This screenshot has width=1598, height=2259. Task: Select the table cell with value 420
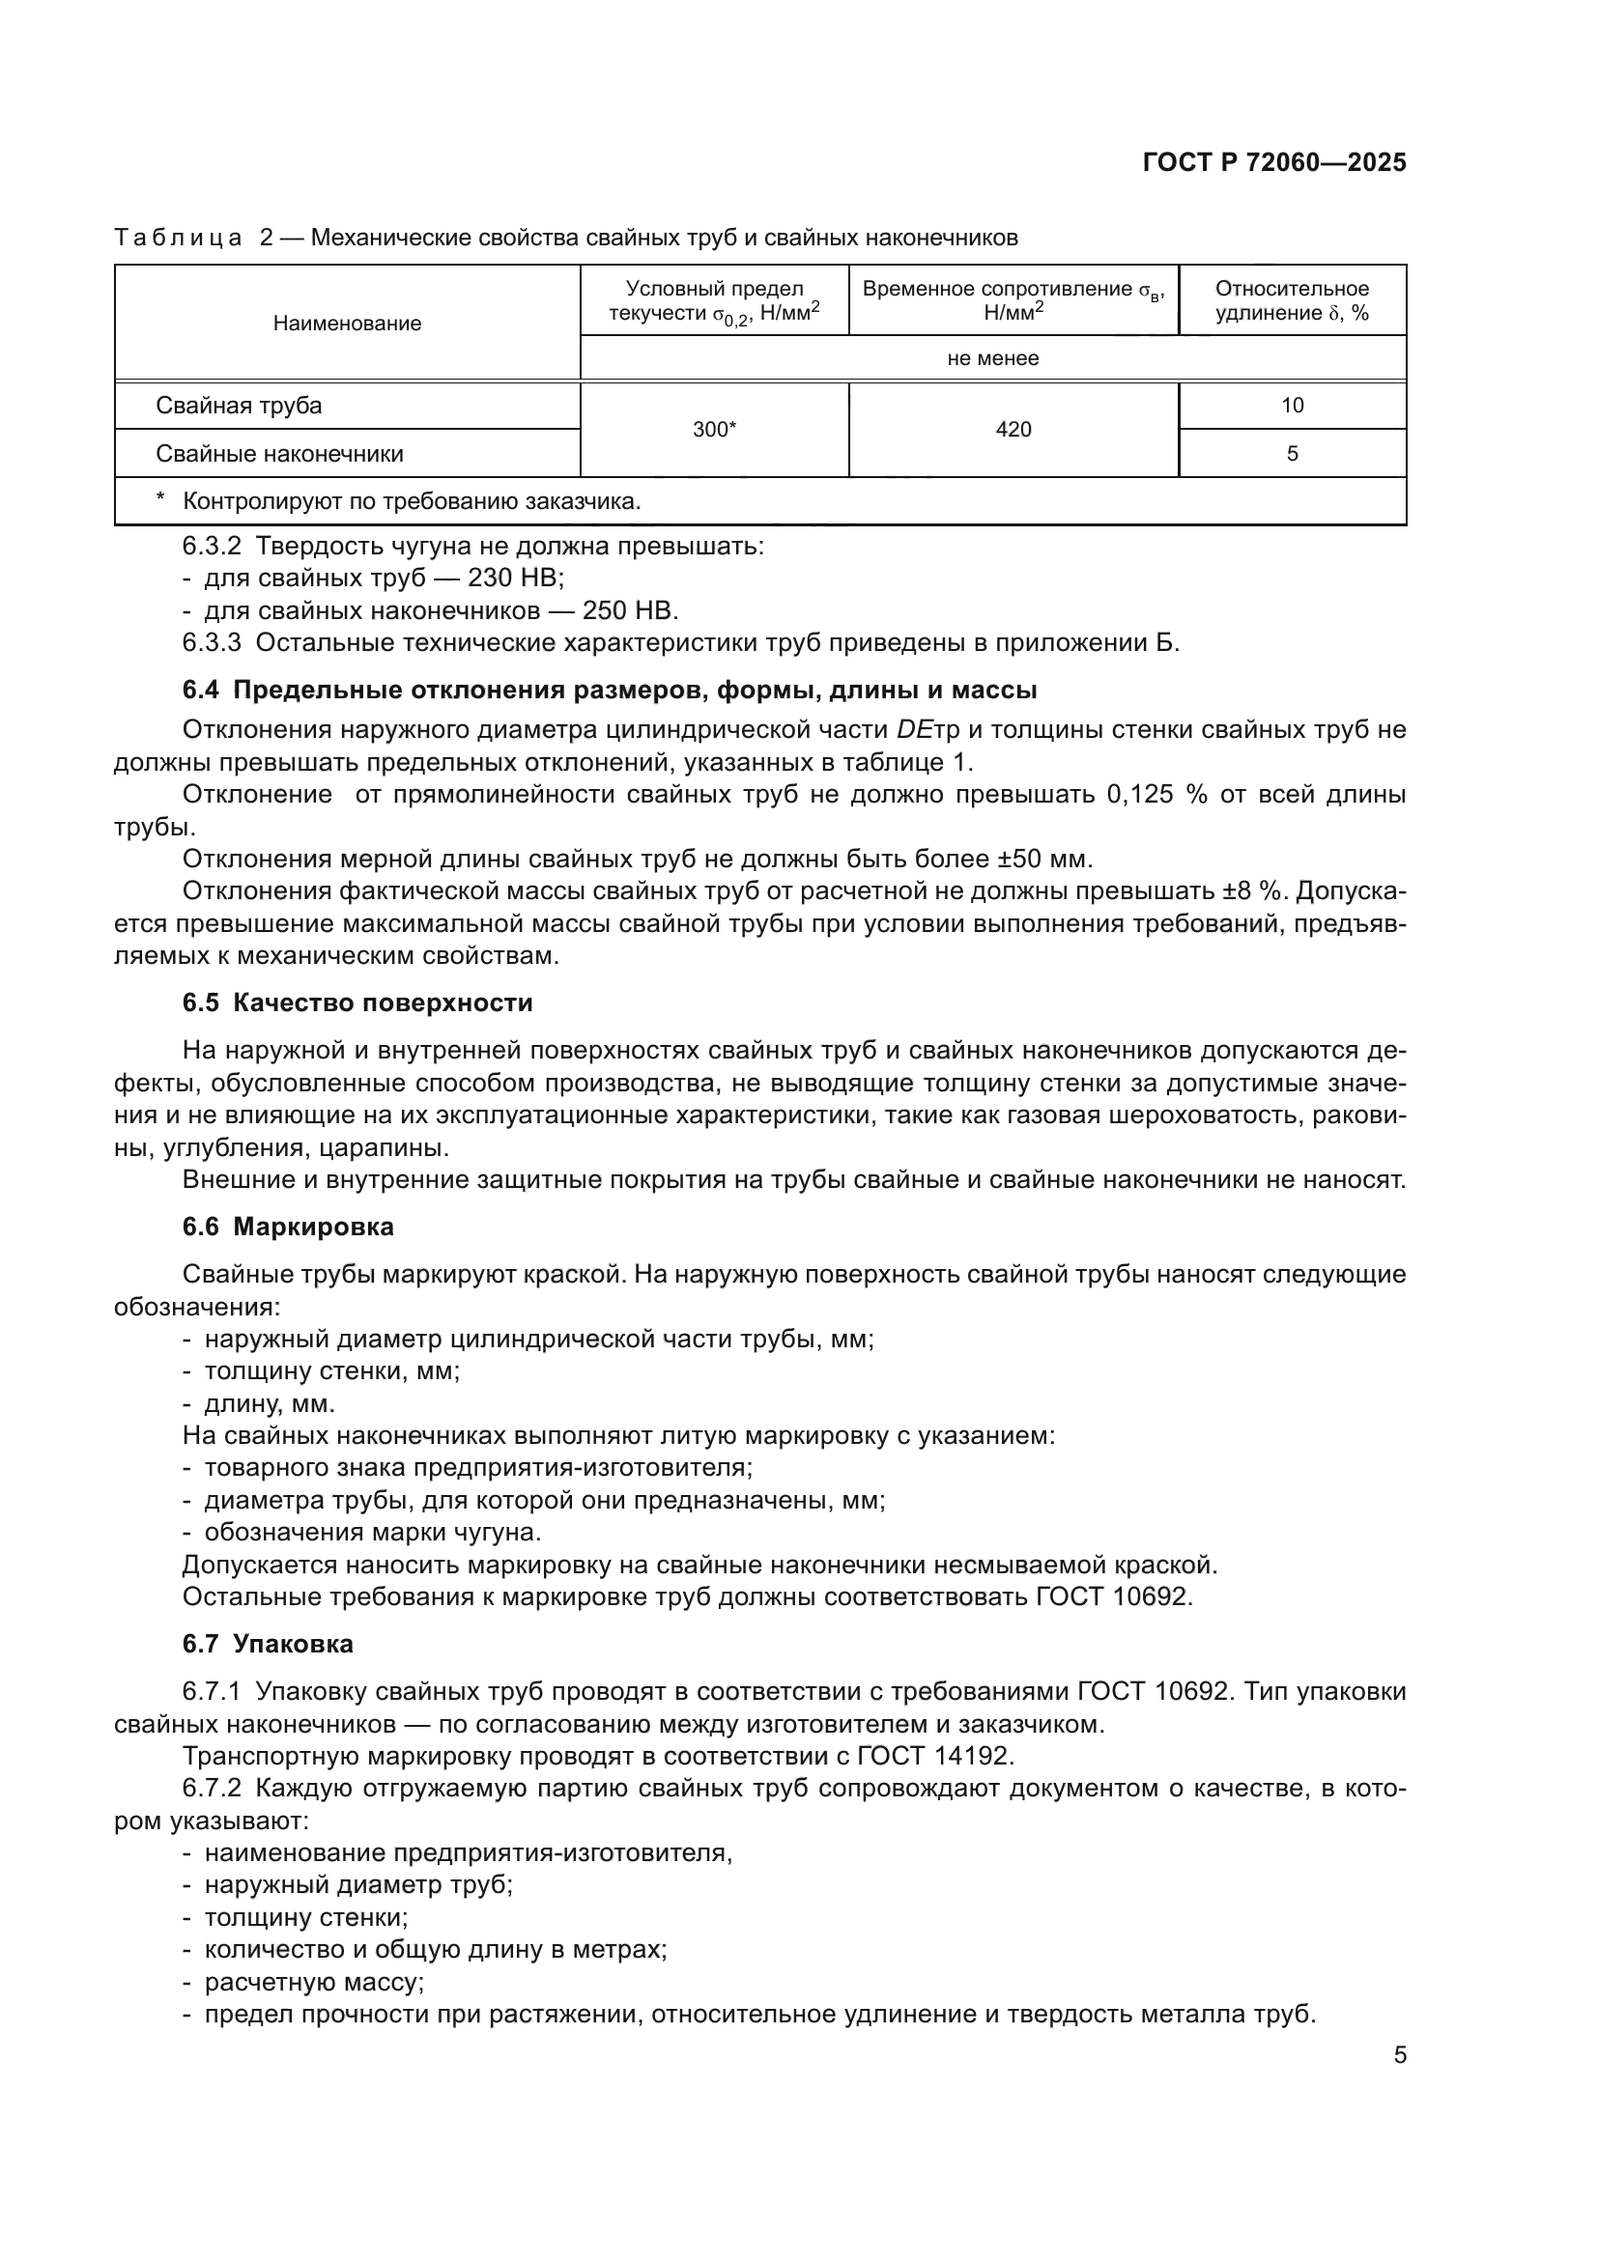(x=1013, y=430)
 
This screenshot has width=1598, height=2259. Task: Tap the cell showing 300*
(x=714, y=430)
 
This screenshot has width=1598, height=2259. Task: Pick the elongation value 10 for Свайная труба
(x=1291, y=406)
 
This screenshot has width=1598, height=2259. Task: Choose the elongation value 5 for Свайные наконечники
(x=1291, y=454)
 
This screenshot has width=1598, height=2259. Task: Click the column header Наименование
(x=347, y=324)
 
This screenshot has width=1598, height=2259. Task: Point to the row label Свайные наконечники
(x=279, y=454)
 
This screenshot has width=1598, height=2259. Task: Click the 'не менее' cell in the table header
(x=992, y=358)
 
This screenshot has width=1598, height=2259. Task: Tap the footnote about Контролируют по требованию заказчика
(x=412, y=502)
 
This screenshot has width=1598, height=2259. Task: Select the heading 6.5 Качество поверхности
(x=358, y=1003)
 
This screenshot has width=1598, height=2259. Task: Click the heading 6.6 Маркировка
(x=287, y=1227)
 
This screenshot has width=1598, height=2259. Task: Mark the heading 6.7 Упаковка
(x=268, y=1644)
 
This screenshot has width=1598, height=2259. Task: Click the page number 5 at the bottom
(x=1399, y=2055)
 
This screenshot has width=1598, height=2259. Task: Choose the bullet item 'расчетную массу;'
(x=314, y=1982)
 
